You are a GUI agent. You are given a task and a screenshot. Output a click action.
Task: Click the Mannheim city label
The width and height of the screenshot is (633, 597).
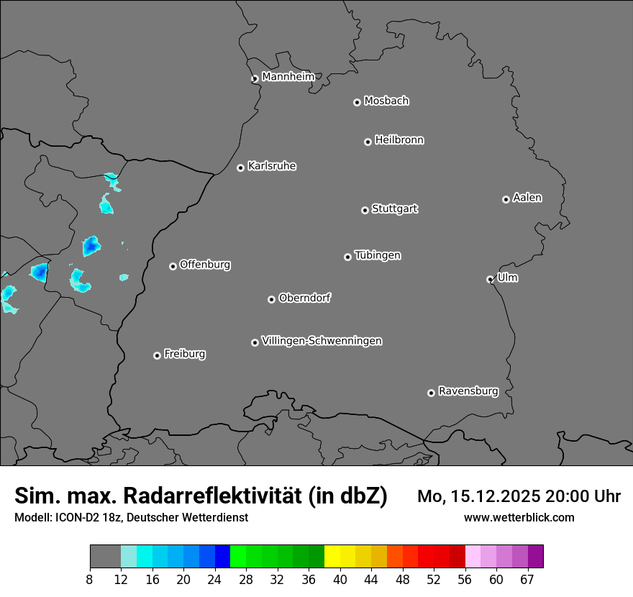pyautogui.click(x=288, y=76)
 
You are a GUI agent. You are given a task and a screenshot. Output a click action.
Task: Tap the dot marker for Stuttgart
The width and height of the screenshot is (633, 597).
pyautogui.click(x=365, y=210)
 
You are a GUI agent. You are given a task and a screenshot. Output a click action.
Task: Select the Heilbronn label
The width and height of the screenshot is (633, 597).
pyautogui.click(x=399, y=140)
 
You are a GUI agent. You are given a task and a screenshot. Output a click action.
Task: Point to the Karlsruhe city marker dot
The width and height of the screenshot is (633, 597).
pyautogui.click(x=240, y=168)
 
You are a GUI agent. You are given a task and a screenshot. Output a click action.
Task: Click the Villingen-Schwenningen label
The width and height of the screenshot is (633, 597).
pyautogui.click(x=322, y=340)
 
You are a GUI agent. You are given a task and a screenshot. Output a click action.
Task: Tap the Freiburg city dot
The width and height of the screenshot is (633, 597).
pyautogui.click(x=157, y=355)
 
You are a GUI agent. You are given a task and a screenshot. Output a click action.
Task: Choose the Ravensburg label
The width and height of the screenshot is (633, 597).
pyautogui.click(x=468, y=391)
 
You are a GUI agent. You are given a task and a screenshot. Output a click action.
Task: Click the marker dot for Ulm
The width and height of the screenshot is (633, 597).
pyautogui.click(x=490, y=279)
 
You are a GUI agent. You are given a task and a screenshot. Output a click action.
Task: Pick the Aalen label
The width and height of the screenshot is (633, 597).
pyautogui.click(x=527, y=197)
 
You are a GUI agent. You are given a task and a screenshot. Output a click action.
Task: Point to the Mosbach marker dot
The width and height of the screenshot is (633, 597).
pyautogui.click(x=357, y=102)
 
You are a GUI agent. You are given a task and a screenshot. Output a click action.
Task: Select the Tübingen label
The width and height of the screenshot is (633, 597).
pyautogui.click(x=378, y=255)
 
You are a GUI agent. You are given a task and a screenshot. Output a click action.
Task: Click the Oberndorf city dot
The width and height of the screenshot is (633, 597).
pyautogui.click(x=271, y=299)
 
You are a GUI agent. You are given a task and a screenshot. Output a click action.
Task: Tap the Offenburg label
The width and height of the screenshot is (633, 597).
pyautogui.click(x=205, y=264)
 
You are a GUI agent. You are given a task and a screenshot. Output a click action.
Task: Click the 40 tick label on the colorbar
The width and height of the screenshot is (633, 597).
pyautogui.click(x=340, y=580)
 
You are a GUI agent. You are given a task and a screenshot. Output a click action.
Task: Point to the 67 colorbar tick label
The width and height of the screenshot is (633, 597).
pyautogui.click(x=527, y=580)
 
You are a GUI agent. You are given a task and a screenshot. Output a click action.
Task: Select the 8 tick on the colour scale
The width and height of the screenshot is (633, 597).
pyautogui.click(x=90, y=580)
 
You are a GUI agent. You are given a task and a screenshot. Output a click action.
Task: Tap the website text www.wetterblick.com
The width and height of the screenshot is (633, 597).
pyautogui.click(x=519, y=517)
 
